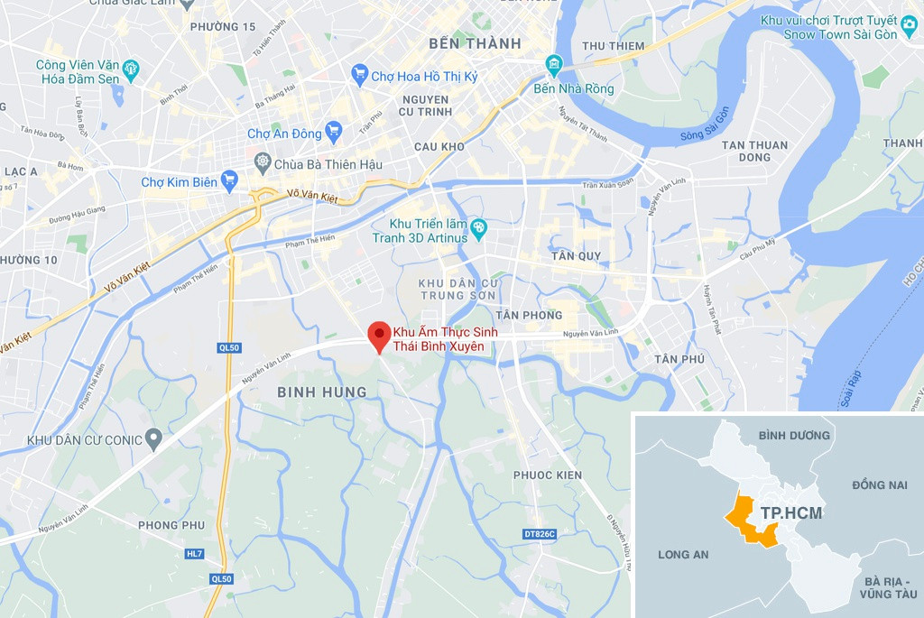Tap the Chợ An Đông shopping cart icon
point(334,133)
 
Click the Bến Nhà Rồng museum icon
point(553,65)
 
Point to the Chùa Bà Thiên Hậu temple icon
point(263,164)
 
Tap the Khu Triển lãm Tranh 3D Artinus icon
point(478,229)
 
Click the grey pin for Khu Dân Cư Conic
point(153,439)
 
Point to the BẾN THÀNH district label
point(475,43)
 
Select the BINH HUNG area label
point(322,392)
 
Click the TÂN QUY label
point(576,256)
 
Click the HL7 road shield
point(195,553)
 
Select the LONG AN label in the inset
point(683,554)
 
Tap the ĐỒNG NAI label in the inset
point(879,485)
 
